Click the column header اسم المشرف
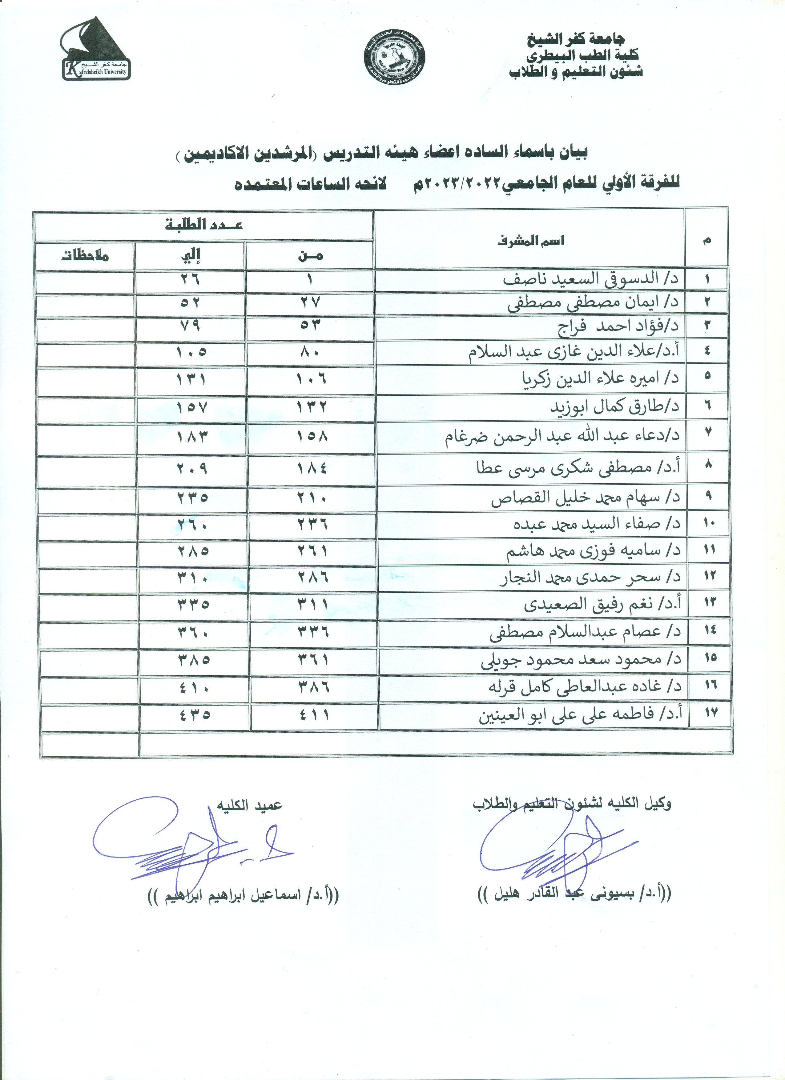pyautogui.click(x=531, y=241)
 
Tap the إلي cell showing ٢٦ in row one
pyautogui.click(x=191, y=279)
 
